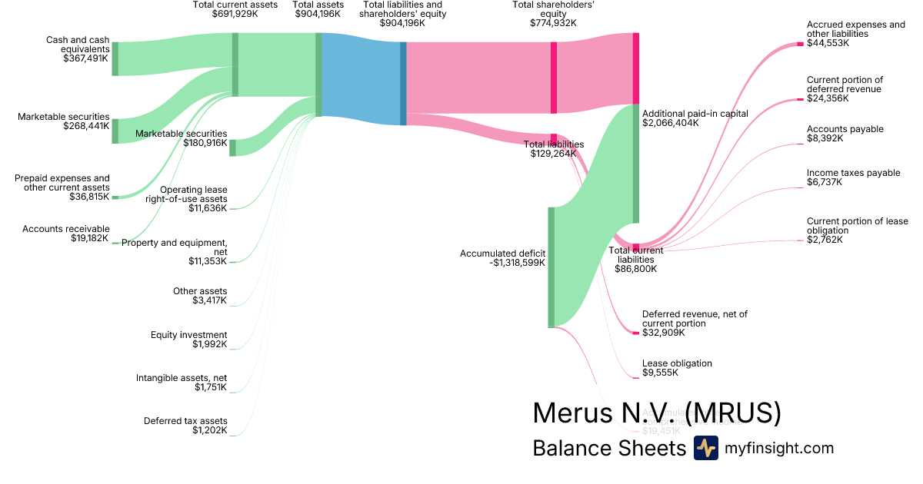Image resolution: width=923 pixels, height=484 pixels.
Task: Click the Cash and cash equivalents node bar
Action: pos(115,59)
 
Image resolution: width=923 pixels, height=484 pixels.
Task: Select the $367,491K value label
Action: pos(87,58)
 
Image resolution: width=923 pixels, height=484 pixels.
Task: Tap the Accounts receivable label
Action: pos(66,229)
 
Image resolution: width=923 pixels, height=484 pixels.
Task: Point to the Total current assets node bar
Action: pos(235,65)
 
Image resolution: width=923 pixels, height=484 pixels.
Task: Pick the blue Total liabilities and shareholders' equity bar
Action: pos(403,83)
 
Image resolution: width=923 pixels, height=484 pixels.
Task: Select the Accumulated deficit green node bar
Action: pos(551,267)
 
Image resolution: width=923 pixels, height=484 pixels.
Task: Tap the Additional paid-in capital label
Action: pos(695,113)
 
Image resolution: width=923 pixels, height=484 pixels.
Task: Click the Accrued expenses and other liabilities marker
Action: pos(800,44)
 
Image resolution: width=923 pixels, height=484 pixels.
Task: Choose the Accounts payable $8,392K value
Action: pos(825,139)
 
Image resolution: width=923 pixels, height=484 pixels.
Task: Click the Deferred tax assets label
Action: pos(185,421)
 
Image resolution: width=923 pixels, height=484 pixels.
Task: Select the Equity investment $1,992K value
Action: pos(210,344)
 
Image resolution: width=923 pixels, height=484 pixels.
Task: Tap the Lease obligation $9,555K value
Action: pos(660,373)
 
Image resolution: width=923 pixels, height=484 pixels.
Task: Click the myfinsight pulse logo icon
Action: pos(705,448)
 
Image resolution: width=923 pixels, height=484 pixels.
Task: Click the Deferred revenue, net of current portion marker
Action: pos(636,333)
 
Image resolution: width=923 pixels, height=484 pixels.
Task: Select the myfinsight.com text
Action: pos(779,448)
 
